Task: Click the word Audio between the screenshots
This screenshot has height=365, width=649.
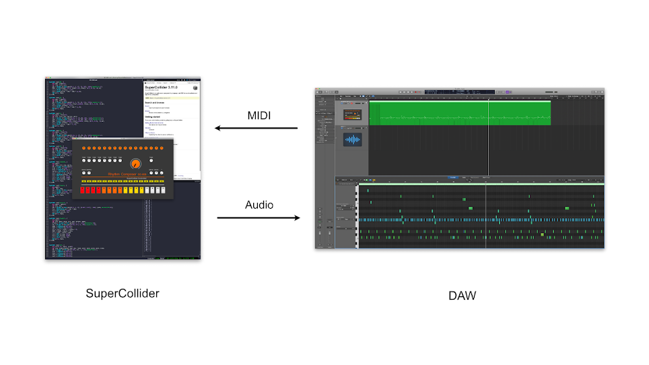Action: [259, 205]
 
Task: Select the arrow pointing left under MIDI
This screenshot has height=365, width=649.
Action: [256, 128]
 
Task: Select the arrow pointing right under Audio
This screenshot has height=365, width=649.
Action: [259, 218]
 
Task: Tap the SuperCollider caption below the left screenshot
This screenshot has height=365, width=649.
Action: [123, 294]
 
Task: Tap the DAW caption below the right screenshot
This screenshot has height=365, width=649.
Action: [462, 295]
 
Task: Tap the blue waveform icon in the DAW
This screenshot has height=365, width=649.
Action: [353, 139]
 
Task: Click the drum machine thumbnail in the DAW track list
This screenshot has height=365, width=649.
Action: [353, 115]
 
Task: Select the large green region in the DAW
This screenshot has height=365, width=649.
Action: [460, 113]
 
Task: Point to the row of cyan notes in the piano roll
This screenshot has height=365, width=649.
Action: [481, 220]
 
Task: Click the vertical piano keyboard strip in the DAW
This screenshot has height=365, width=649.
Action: [357, 215]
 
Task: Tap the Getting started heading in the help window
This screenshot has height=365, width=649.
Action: [154, 116]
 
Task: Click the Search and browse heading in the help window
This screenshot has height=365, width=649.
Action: [156, 102]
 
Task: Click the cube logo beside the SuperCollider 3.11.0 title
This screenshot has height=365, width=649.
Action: [195, 88]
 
